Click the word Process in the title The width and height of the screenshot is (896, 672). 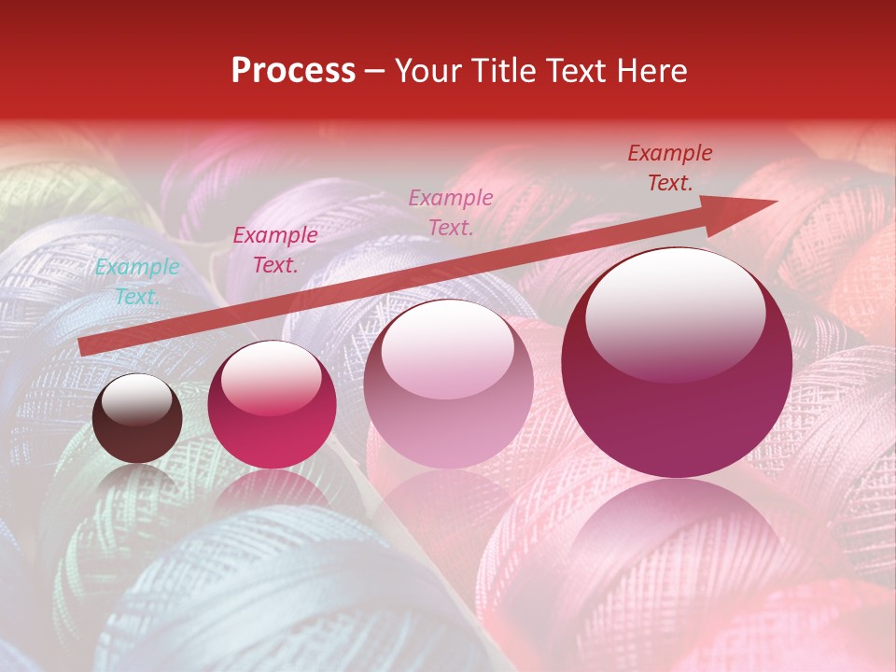(293, 71)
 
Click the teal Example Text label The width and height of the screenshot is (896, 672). (137, 282)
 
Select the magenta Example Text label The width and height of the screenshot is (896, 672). (275, 250)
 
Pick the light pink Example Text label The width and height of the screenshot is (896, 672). (451, 212)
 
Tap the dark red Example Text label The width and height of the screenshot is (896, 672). (669, 168)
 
